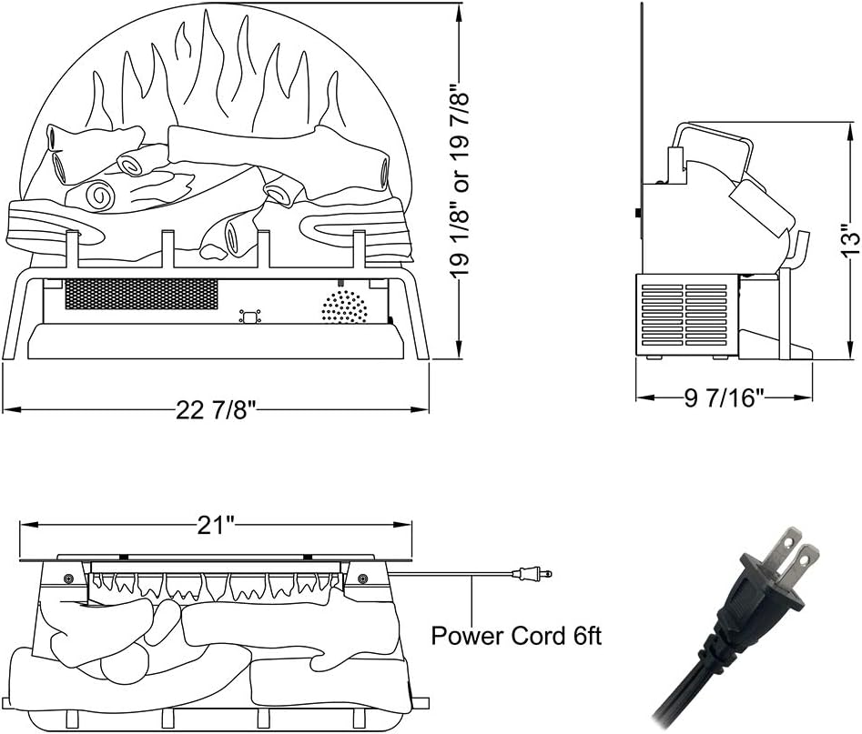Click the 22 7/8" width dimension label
(217, 410)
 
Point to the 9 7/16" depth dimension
(724, 397)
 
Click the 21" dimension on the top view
(217, 524)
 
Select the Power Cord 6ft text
(516, 635)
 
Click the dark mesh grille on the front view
(141, 293)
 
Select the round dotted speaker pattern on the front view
(344, 307)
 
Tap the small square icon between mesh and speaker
(248, 317)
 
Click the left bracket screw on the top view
(69, 579)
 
